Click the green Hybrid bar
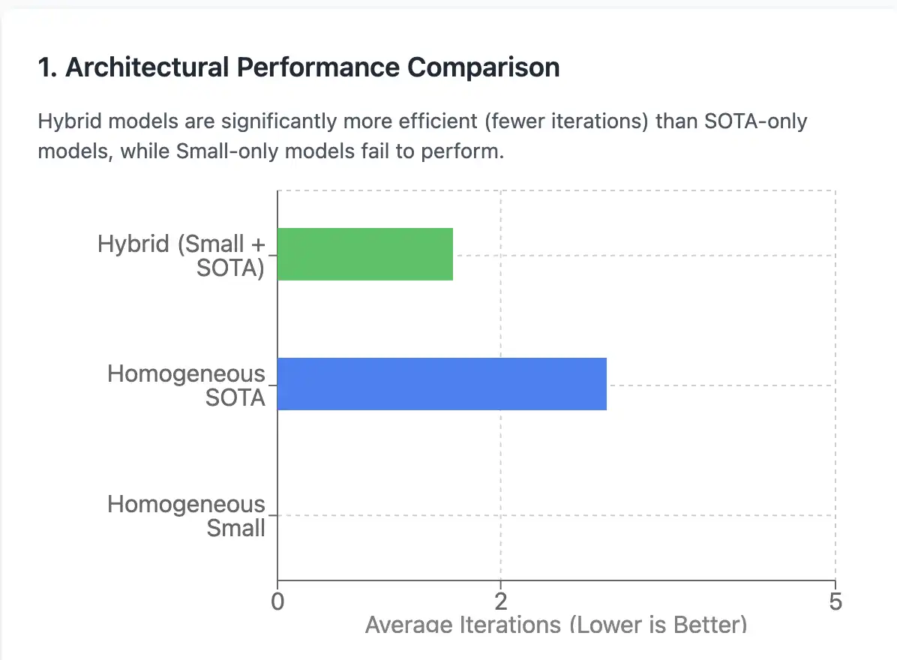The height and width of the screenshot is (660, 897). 365,254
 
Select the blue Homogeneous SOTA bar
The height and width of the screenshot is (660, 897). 442,384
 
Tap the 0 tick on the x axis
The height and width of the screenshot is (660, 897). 277,602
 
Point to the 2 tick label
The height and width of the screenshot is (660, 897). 500,602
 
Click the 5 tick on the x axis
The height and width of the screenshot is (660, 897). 835,602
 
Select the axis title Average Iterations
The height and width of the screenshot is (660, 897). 463,625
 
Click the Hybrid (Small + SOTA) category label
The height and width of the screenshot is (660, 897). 181,256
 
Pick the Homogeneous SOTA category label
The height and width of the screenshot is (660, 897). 187,385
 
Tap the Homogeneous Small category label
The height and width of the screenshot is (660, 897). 187,516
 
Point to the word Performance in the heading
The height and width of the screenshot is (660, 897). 318,67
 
